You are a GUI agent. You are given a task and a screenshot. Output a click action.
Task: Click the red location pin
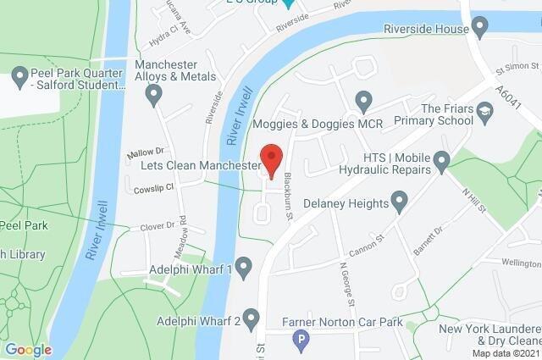pos(271,159)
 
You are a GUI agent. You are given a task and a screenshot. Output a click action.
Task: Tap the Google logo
pos(28,349)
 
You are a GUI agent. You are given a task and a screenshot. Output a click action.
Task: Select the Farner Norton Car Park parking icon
pos(298,341)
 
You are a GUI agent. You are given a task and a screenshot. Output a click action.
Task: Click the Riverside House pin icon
pos(480,28)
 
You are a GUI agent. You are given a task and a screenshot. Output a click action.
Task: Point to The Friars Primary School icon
pos(484,112)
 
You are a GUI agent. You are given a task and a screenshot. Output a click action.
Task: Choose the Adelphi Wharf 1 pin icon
pos(245,269)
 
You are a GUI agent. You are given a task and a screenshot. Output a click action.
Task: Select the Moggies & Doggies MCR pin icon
pos(363,102)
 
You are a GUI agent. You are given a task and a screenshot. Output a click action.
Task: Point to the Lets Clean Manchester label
pos(200,166)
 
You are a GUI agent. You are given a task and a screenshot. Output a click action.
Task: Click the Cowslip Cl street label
pos(153,189)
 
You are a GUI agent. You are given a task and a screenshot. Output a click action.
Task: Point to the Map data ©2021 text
pos(506,353)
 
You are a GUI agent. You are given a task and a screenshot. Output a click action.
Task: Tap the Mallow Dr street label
pos(145,153)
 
